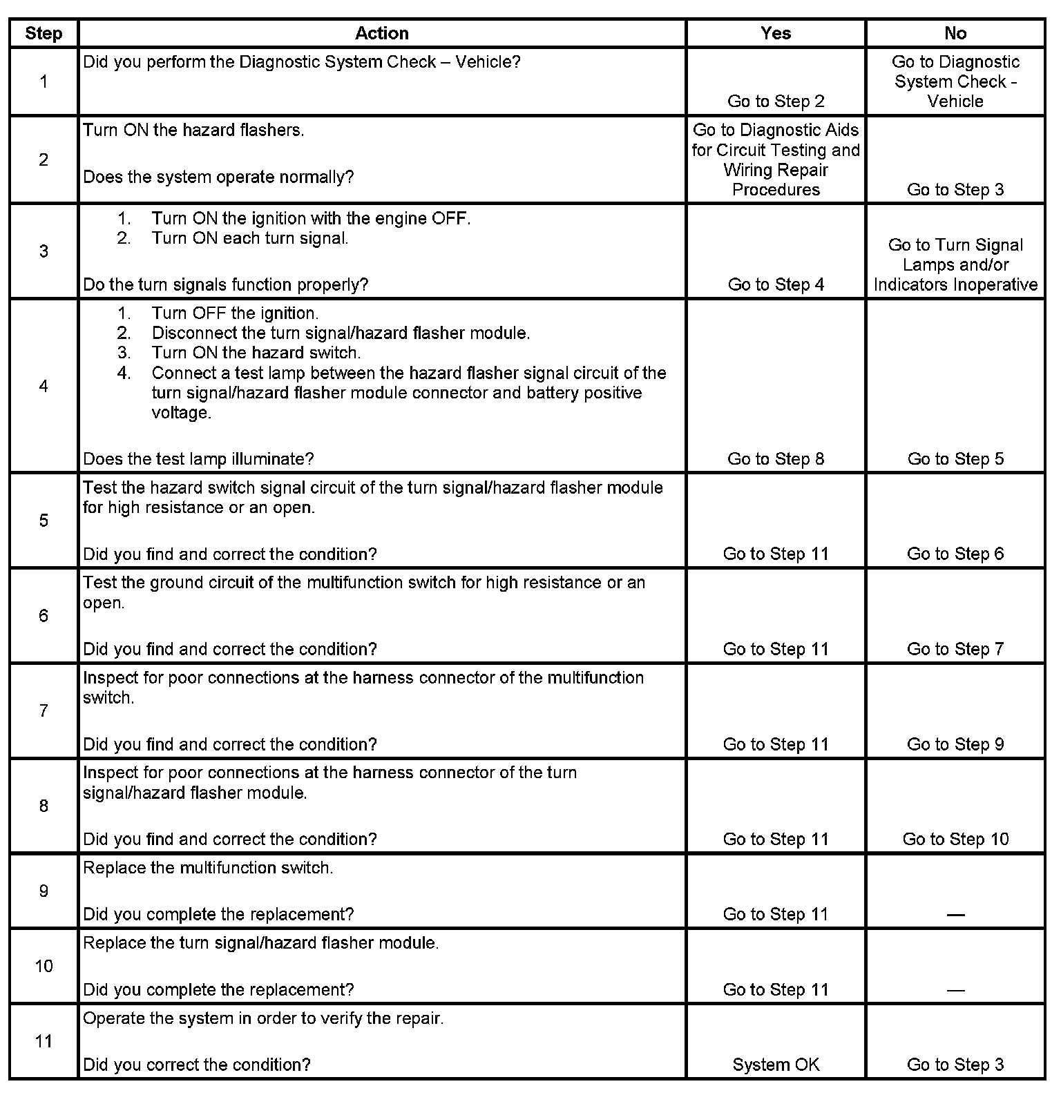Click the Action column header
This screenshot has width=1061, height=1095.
point(382,33)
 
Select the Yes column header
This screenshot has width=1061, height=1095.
point(776,33)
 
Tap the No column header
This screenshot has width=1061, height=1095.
point(955,33)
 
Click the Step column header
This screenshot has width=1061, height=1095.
point(44,33)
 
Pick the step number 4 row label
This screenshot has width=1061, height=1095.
point(44,386)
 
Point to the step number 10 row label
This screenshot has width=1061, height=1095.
point(44,966)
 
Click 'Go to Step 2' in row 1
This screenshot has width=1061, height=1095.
point(776,101)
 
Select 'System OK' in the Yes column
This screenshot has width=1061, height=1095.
point(776,1065)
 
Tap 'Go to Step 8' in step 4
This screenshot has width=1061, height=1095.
point(776,459)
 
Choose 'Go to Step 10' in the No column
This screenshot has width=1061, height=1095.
point(955,839)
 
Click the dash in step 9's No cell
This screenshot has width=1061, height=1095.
point(955,915)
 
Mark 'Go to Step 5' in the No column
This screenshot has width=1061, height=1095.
point(955,459)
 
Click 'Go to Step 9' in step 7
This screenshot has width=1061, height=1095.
point(955,744)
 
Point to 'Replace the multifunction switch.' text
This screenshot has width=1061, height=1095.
point(208,868)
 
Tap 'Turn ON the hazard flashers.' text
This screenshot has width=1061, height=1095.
point(193,130)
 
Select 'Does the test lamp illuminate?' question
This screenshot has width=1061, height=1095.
point(198,459)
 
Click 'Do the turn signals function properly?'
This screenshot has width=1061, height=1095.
point(226,284)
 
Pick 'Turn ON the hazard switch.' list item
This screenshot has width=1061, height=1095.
point(256,353)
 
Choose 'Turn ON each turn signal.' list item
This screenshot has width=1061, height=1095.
point(249,238)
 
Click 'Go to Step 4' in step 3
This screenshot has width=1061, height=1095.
point(776,284)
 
